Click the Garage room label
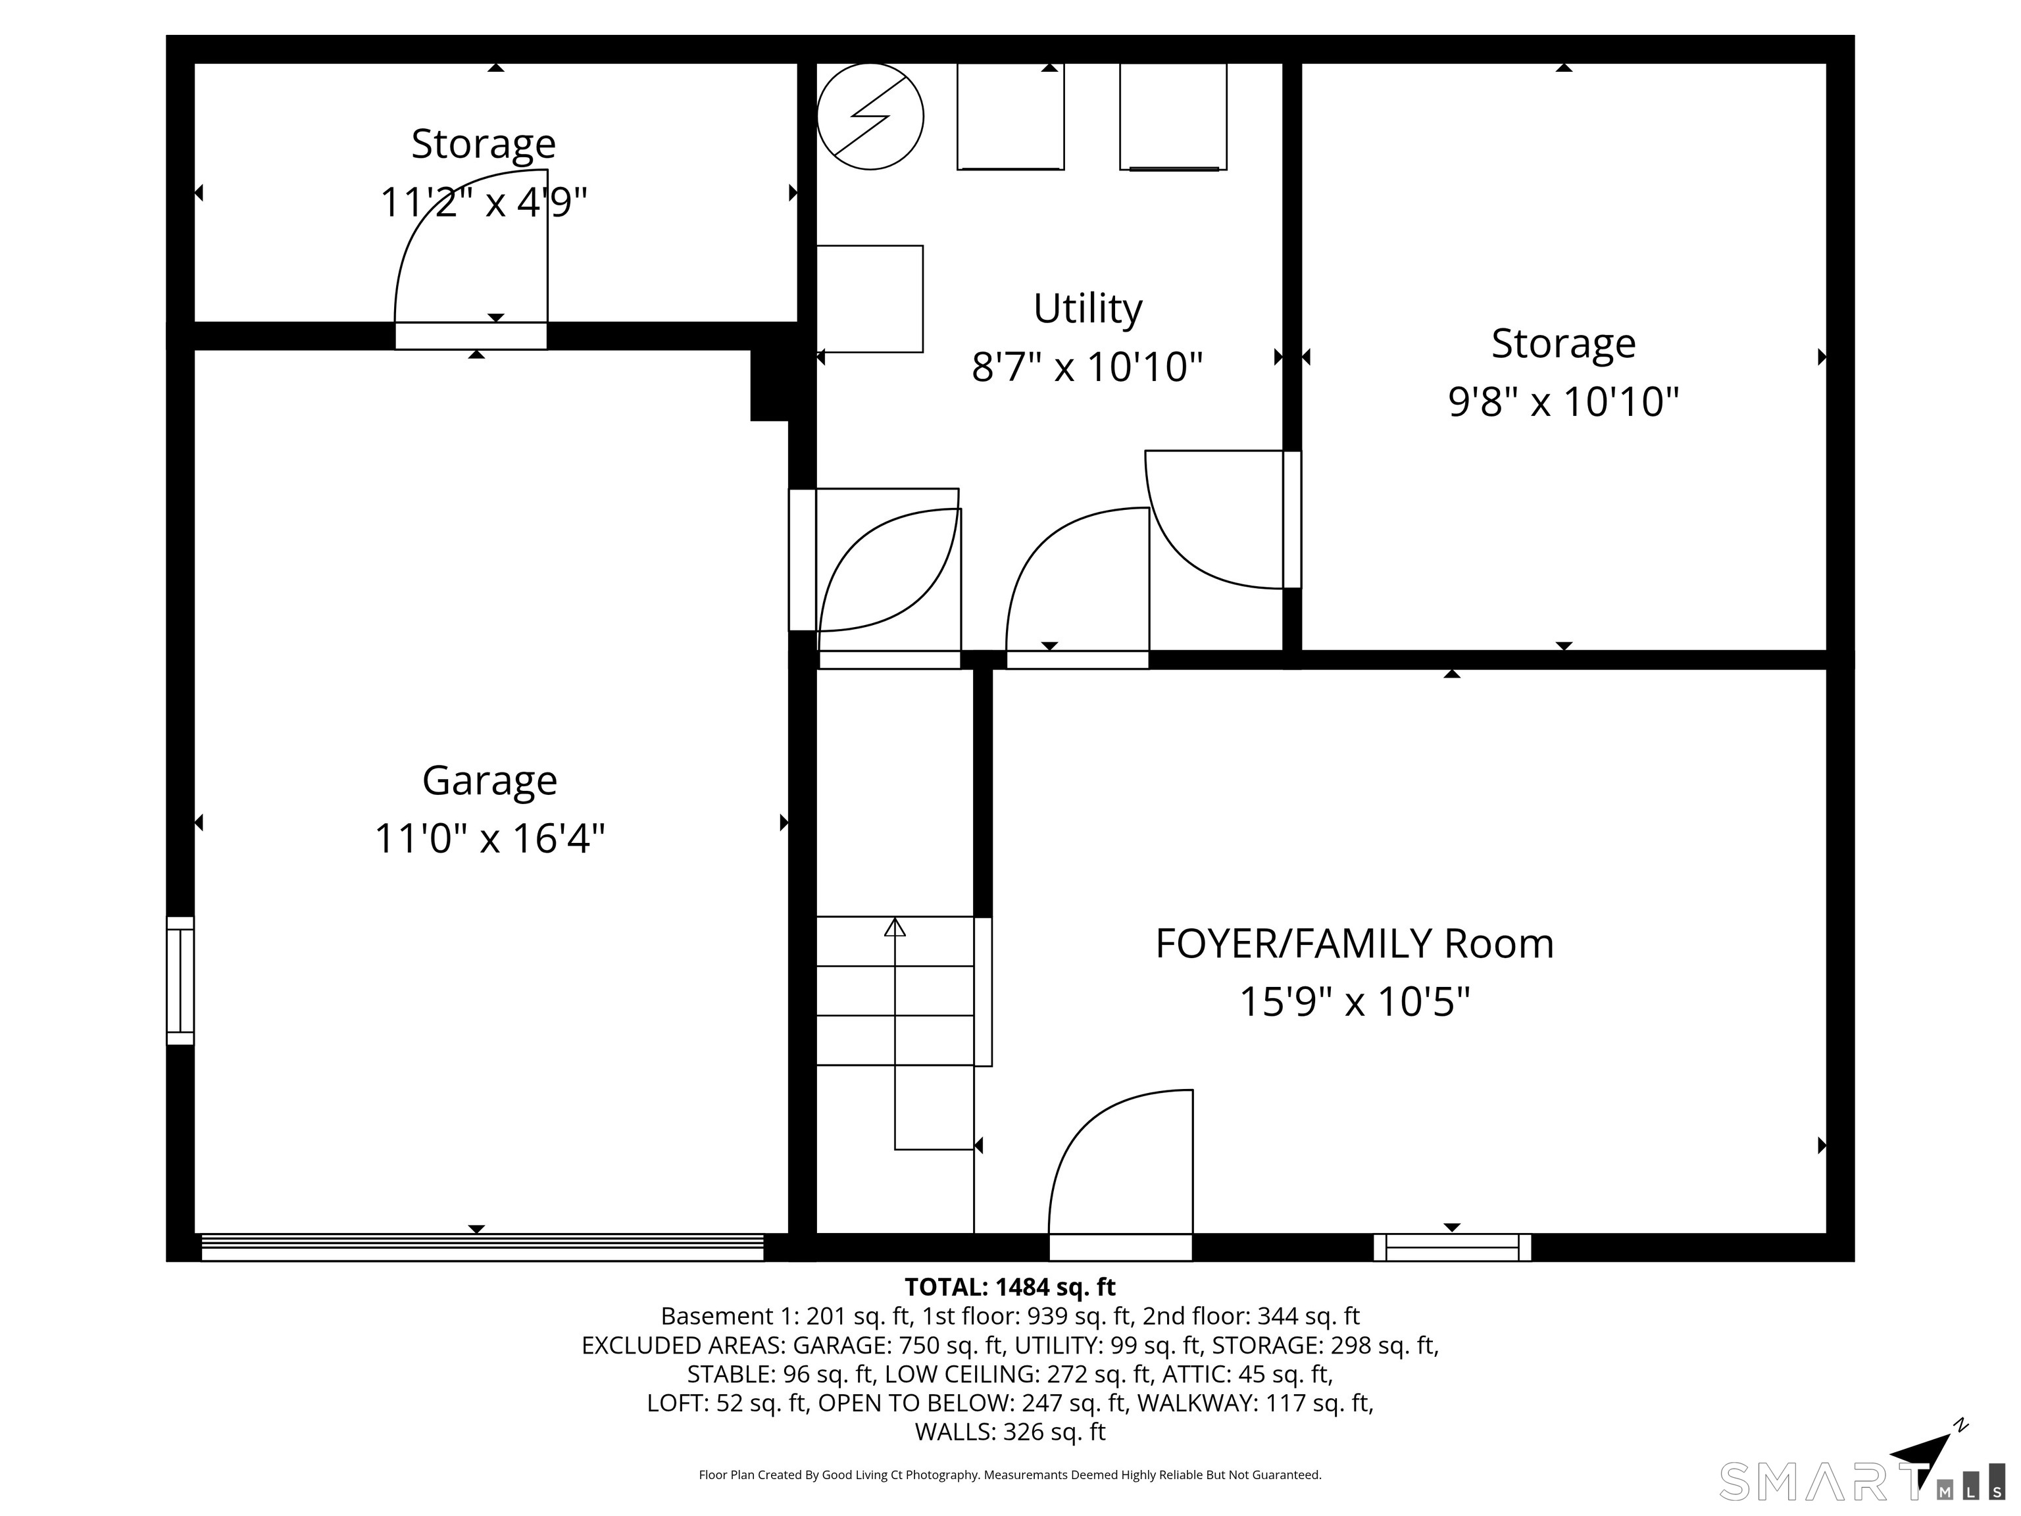489,780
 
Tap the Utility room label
1087,309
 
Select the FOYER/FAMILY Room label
1354,944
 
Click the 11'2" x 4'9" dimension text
484,202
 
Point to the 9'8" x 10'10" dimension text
1563,401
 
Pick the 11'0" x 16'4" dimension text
489,838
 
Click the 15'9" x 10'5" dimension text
1354,1001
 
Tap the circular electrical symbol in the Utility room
870,116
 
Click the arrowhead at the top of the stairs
895,928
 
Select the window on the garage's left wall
180,980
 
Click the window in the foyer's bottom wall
1452,1248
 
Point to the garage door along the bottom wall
482,1248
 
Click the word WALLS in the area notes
955,1432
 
